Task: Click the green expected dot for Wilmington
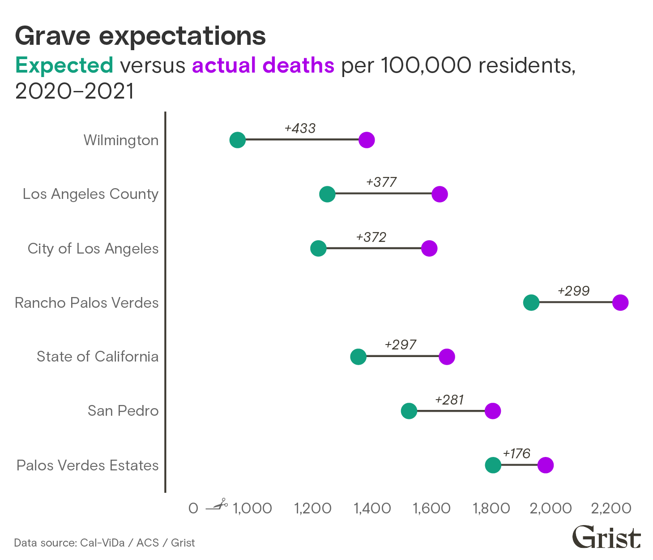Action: pos(238,140)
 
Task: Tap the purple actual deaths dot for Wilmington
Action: pos(367,140)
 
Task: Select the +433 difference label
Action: pos(300,129)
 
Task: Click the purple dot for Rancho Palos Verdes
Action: pos(620,302)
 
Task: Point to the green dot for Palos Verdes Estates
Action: pos(493,465)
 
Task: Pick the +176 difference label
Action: pos(516,454)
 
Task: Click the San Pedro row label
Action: pos(123,411)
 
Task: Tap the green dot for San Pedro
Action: pos(409,411)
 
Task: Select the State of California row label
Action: pos(98,357)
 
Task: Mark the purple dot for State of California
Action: pos(447,357)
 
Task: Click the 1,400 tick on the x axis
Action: pos(372,508)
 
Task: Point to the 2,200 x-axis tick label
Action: pos(611,508)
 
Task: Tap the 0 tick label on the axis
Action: pos(193,508)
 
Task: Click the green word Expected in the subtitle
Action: pos(64,65)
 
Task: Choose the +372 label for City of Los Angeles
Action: pos(371,237)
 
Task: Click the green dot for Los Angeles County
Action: pos(327,194)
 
